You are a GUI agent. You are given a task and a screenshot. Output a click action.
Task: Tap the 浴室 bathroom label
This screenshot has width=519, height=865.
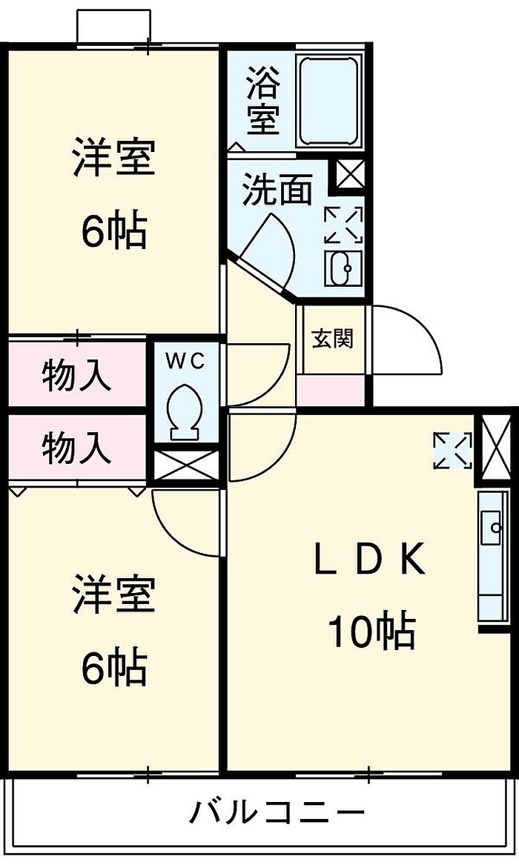pos(262,100)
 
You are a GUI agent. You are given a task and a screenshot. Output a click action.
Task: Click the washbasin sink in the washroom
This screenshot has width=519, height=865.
pos(343,268)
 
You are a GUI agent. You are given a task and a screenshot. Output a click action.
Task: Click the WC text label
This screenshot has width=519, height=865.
pos(186,361)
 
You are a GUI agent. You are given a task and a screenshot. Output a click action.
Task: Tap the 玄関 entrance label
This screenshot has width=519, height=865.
pos(332,338)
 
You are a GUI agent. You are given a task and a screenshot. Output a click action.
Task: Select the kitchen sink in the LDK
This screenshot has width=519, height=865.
pos(492,528)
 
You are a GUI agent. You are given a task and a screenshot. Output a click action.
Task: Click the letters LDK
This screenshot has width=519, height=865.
pos(369,560)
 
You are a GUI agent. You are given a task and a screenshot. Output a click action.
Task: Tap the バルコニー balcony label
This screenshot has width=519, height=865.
pos(278,812)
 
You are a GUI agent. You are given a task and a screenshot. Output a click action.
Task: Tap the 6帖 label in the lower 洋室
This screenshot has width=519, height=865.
pos(114,668)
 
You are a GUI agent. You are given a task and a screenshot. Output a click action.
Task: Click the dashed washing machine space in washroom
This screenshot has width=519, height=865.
pos(343,224)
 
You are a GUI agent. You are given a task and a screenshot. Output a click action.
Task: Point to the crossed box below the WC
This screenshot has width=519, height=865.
pos(186,465)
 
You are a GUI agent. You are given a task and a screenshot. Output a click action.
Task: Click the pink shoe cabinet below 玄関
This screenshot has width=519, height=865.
pos(331,391)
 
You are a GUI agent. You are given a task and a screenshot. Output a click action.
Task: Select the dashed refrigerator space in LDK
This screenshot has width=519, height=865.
pos(453,450)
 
